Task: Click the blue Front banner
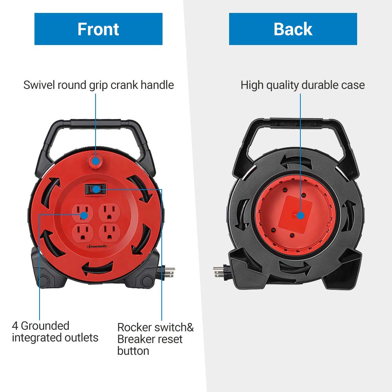[x=98, y=29]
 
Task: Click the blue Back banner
[x=293, y=29]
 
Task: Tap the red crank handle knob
[x=95, y=160]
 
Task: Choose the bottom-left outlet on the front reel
[x=83, y=234]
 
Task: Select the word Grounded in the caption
[x=45, y=326]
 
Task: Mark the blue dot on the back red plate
[x=300, y=215]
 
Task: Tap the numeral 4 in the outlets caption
[x=15, y=326]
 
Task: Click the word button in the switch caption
[x=133, y=351]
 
